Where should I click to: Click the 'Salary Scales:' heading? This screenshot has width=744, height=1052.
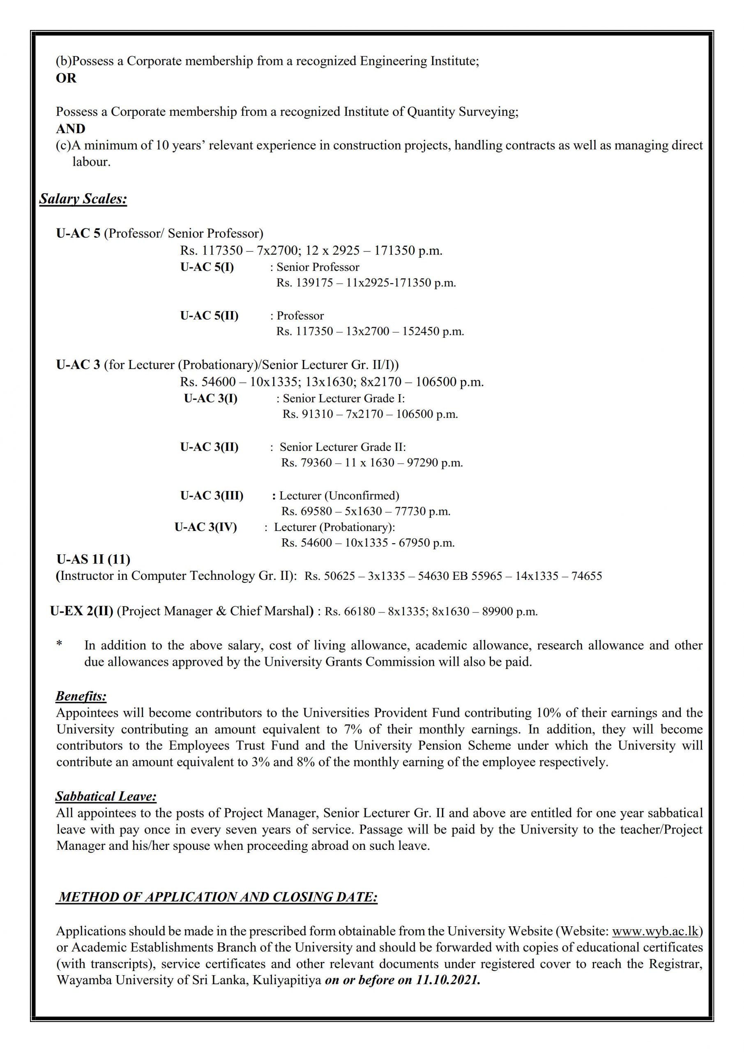click(x=83, y=199)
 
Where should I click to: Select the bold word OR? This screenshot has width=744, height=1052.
click(x=66, y=78)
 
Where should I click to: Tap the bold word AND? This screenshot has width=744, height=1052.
click(x=71, y=129)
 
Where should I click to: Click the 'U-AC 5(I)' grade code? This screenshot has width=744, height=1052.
click(x=207, y=267)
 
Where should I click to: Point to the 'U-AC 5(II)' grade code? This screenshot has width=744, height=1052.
click(x=209, y=316)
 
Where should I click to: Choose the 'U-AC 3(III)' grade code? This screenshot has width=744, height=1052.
click(x=212, y=495)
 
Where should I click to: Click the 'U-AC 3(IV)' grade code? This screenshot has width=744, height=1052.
click(x=206, y=527)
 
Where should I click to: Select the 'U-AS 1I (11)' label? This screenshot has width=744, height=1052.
click(x=93, y=559)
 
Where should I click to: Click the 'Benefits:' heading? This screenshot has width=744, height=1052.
click(x=81, y=697)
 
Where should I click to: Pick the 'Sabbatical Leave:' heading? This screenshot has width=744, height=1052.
click(x=106, y=796)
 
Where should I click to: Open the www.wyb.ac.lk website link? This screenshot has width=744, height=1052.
click(x=655, y=931)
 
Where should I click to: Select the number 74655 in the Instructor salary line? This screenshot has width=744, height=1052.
click(x=586, y=577)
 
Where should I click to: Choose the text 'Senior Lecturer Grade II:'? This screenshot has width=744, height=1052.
click(x=343, y=447)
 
